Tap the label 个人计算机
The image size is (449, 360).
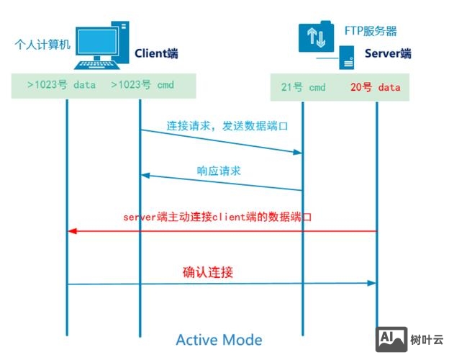click(42, 44)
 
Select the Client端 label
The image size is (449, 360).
click(156, 53)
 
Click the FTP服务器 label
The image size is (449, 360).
click(371, 32)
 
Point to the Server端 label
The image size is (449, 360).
click(388, 53)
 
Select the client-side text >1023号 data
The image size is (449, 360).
click(61, 85)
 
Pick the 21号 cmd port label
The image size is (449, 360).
click(303, 88)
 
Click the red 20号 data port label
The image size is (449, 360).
click(375, 88)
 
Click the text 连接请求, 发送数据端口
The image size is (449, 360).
click(227, 125)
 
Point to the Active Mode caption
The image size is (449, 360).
click(219, 339)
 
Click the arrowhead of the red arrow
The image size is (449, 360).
click(71, 230)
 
